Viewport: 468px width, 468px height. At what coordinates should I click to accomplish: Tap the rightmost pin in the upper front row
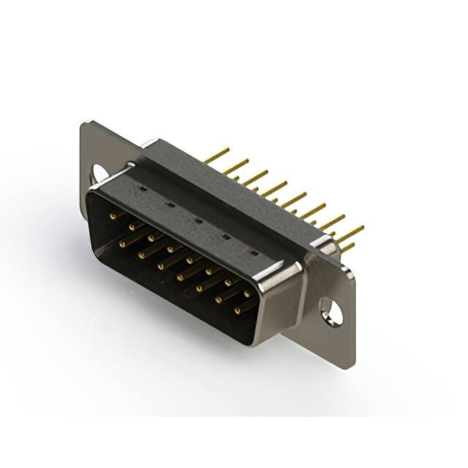246,294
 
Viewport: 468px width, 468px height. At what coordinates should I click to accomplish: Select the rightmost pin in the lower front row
238,311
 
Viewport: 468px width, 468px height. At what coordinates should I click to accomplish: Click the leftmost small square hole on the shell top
143,189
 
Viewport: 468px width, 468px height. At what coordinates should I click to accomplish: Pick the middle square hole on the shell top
197,219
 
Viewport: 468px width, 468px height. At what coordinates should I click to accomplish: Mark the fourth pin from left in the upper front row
170,249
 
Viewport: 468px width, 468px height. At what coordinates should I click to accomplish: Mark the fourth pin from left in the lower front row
179,277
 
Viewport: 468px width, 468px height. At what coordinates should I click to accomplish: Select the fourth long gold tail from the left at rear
274,186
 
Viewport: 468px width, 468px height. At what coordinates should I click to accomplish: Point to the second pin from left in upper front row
131,227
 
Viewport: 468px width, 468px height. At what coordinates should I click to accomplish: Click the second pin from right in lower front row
218,300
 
